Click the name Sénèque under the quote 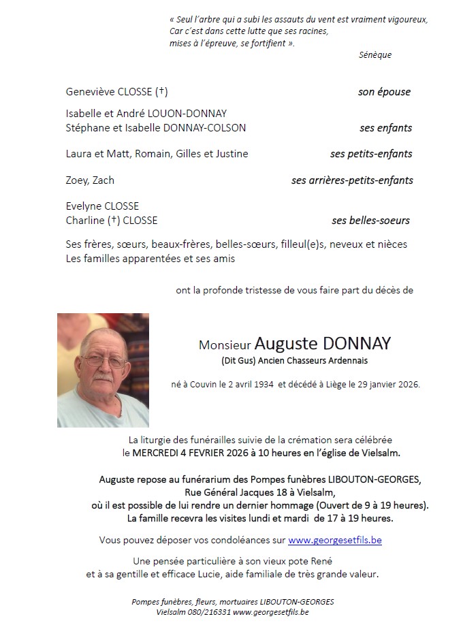click(x=375, y=55)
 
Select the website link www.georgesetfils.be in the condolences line click(x=335, y=540)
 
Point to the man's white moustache click(x=103, y=375)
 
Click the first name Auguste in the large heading click(x=284, y=343)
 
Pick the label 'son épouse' click(x=384, y=92)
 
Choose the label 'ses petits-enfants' click(x=371, y=154)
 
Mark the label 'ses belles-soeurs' click(x=370, y=221)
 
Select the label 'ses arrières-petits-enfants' click(x=352, y=180)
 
